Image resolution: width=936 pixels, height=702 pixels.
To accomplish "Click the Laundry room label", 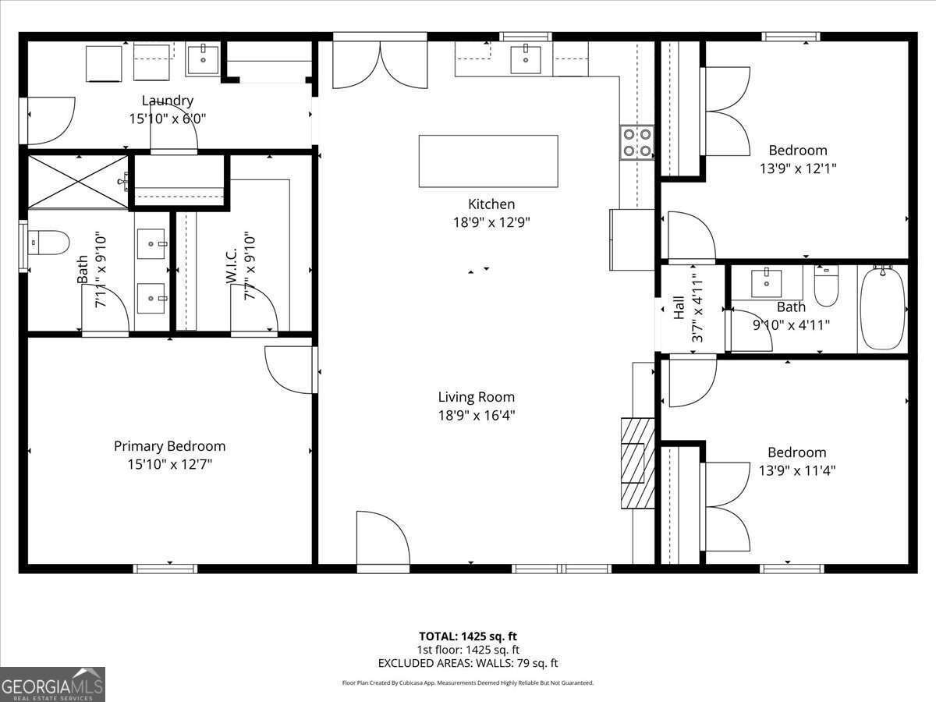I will pyautogui.click(x=167, y=101).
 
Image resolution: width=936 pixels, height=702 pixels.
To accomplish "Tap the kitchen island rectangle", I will pyautogui.click(x=488, y=161).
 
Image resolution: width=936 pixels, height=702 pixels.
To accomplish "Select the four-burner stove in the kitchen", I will pyautogui.click(x=636, y=142).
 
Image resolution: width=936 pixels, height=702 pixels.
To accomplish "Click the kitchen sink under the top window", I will pyautogui.click(x=526, y=59).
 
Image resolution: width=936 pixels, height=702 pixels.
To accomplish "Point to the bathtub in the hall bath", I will pyautogui.click(x=882, y=309).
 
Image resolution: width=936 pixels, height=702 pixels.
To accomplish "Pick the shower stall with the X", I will pyautogui.click(x=77, y=182).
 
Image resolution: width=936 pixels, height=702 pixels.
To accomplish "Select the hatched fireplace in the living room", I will pyautogui.click(x=637, y=463).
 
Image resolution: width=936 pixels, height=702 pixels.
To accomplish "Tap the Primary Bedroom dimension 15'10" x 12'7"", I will pyautogui.click(x=169, y=465).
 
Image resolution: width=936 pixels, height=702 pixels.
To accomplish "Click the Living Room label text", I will pyautogui.click(x=476, y=397).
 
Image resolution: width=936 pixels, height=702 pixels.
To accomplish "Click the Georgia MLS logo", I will pyautogui.click(x=52, y=684).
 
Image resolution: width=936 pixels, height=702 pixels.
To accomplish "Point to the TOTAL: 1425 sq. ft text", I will pyautogui.click(x=468, y=636).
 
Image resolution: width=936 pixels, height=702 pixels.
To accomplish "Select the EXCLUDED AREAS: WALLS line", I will pyautogui.click(x=468, y=664).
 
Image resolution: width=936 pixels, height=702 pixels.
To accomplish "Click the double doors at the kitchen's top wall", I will pyautogui.click(x=380, y=65).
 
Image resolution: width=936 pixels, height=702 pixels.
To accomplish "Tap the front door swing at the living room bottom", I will pyautogui.click(x=382, y=540).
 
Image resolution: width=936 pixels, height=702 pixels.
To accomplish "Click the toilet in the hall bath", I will pyautogui.click(x=826, y=286).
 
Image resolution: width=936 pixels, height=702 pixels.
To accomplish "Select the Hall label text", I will pyautogui.click(x=679, y=307).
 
